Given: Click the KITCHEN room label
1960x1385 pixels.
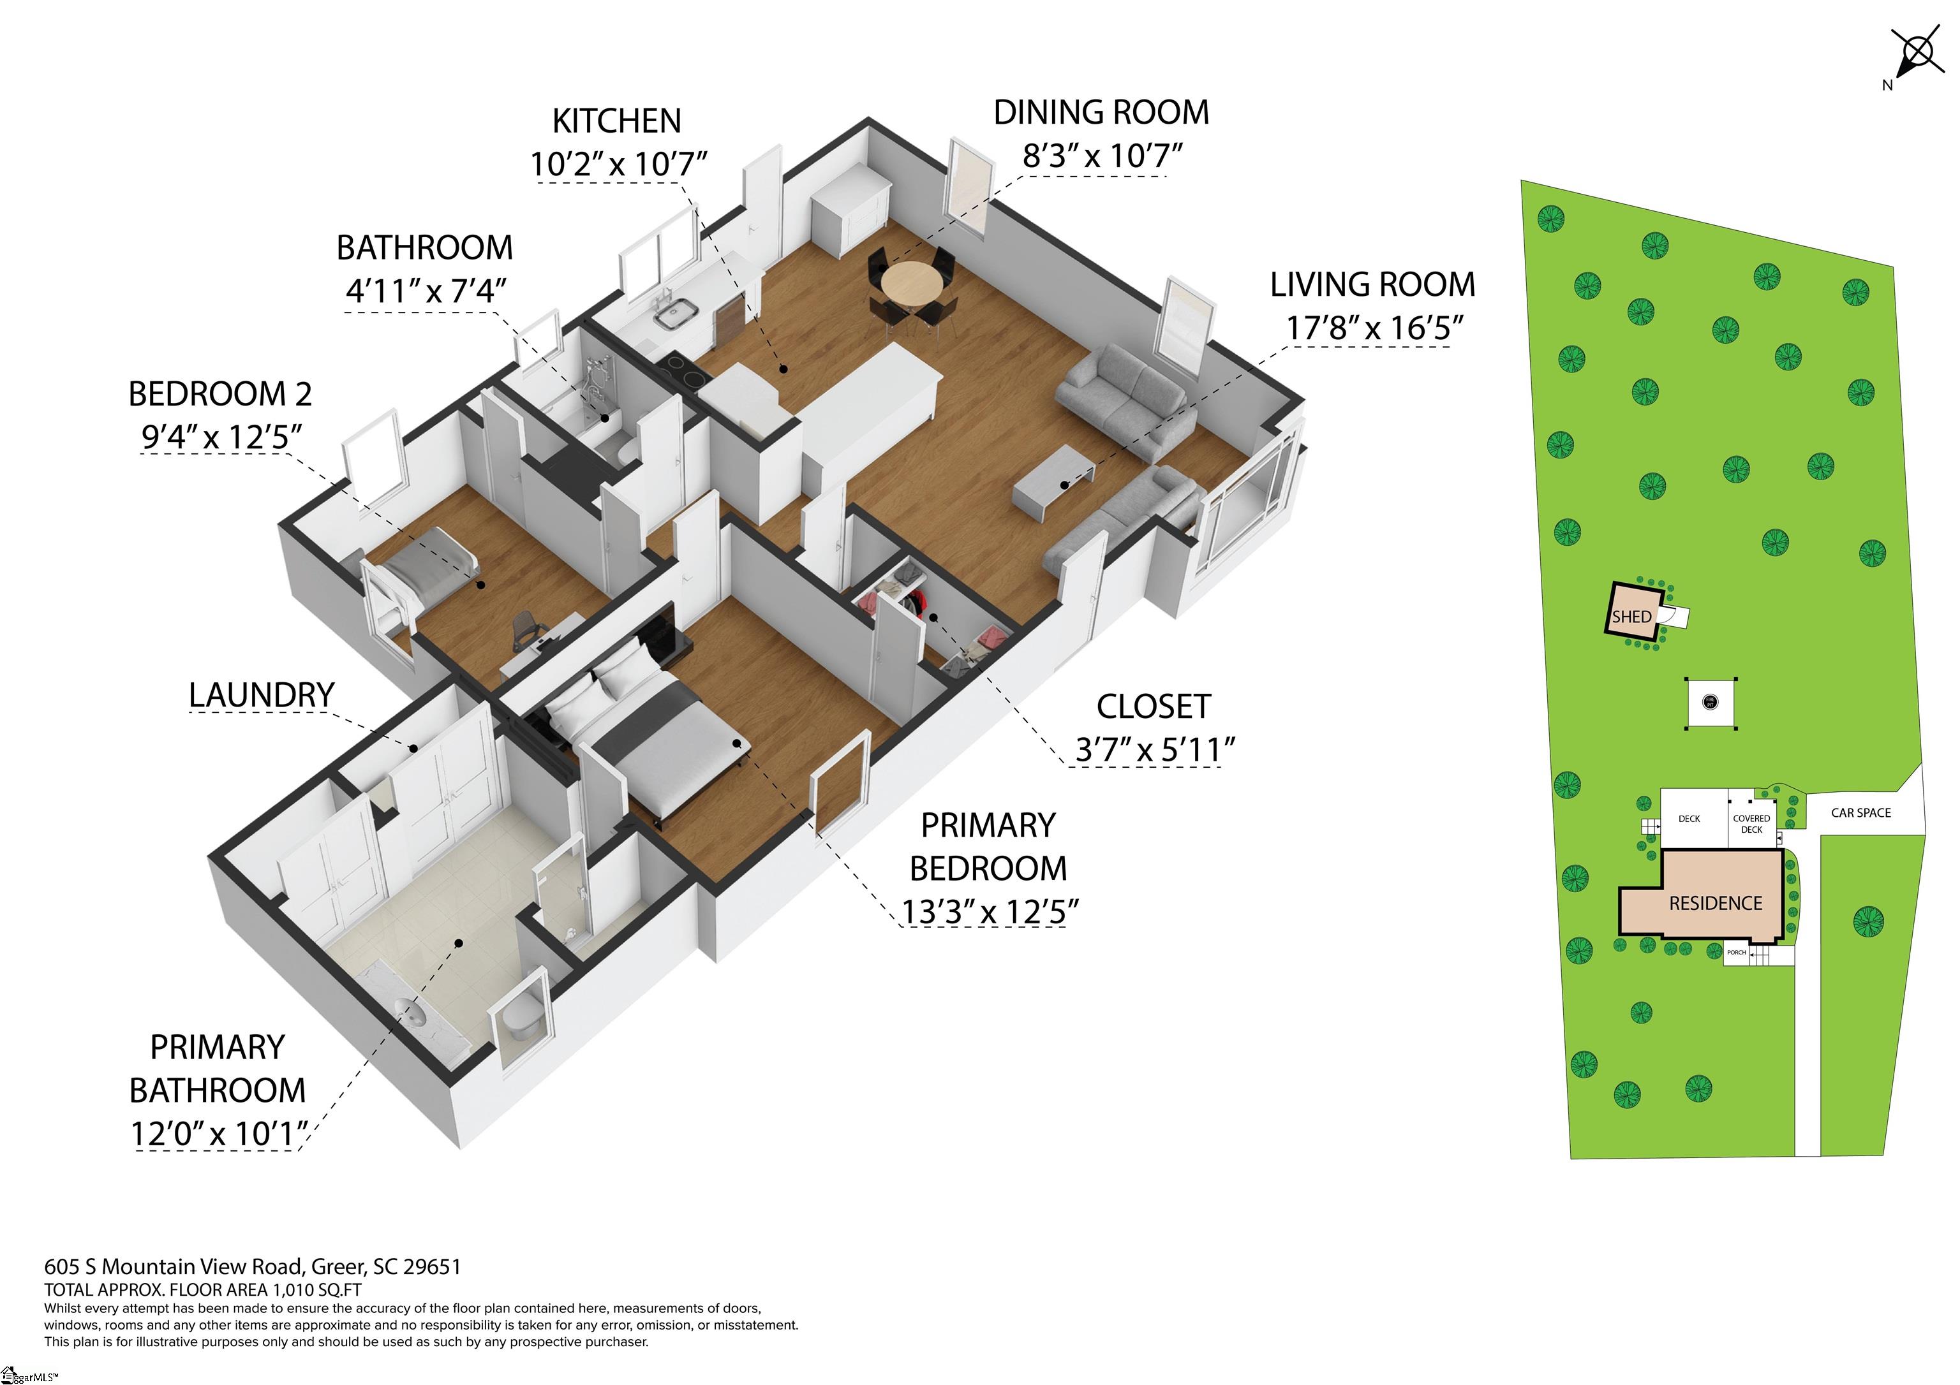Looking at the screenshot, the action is coord(616,121).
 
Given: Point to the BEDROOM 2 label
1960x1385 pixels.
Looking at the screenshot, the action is coord(220,394).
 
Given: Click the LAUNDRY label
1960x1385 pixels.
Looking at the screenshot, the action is coord(261,694).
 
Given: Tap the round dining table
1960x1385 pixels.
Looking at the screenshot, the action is coord(912,282).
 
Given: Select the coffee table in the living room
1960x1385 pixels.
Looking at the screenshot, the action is coord(1053,482).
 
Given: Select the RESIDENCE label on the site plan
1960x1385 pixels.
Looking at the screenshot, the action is coord(1716,903).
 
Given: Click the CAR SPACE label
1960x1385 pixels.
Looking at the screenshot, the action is coord(1861,813).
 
